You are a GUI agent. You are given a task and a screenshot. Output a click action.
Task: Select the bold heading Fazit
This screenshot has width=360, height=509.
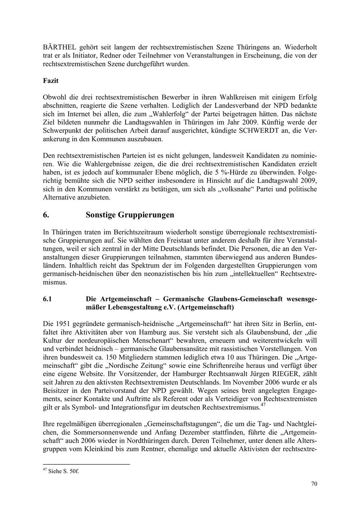(51, 80)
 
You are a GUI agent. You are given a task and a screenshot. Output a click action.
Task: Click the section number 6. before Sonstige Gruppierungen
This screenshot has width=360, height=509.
(46, 215)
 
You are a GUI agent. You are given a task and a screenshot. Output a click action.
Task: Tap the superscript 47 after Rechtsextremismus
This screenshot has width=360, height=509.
(263, 405)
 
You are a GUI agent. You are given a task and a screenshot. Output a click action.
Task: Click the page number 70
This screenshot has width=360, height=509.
(314, 484)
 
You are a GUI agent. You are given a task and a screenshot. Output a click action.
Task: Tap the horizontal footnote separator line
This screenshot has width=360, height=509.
(86, 464)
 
